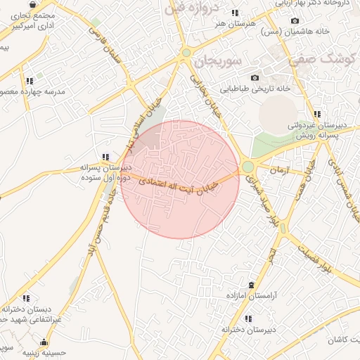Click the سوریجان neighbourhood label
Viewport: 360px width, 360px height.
point(217,61)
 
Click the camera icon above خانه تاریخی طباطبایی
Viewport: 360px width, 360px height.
point(255,77)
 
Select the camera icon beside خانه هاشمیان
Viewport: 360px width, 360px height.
point(294,21)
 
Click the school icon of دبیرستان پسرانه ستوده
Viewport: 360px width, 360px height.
point(105,157)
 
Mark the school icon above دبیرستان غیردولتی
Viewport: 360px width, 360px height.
point(317,114)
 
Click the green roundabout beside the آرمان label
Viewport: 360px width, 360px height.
point(247,167)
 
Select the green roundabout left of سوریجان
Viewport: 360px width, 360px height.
point(186,52)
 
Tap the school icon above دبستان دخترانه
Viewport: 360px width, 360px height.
point(26,298)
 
